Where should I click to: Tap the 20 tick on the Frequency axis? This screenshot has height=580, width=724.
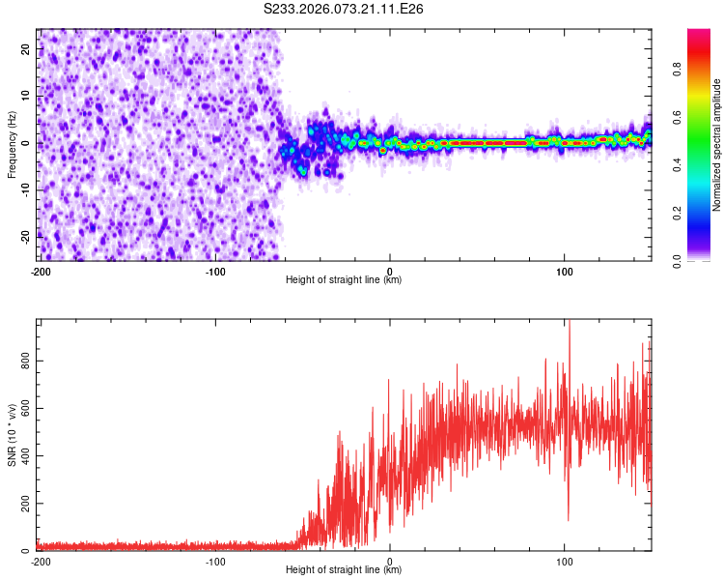click(26, 48)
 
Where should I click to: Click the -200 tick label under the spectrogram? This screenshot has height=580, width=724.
click(41, 271)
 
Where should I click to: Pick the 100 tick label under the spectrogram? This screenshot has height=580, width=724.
click(565, 271)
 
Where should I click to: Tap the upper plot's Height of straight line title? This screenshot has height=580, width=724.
click(344, 280)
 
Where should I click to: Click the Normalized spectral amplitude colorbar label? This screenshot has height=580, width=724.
click(717, 145)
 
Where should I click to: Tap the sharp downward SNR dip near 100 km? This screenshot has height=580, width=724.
click(568, 517)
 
